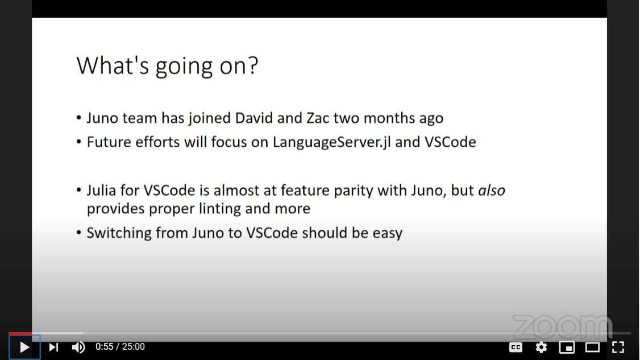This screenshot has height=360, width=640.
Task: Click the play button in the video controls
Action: (24, 347)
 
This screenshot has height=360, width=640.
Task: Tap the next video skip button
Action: (53, 347)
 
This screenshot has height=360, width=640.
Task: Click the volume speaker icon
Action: (78, 347)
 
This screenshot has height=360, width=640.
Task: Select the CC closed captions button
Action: (516, 347)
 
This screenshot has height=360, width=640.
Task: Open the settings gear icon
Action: (541, 347)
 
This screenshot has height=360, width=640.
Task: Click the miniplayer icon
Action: (567, 347)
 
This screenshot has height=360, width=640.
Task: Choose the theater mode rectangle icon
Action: (592, 347)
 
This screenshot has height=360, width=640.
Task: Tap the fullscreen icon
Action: (618, 347)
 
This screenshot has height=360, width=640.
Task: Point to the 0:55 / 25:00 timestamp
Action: (120, 347)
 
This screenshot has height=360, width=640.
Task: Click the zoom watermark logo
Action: (563, 327)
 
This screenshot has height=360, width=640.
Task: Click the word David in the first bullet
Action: (254, 118)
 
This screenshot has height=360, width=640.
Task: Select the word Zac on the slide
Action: (318, 118)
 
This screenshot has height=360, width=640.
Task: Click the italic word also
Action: (492, 191)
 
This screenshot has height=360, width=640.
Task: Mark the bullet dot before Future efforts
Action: (79, 142)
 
